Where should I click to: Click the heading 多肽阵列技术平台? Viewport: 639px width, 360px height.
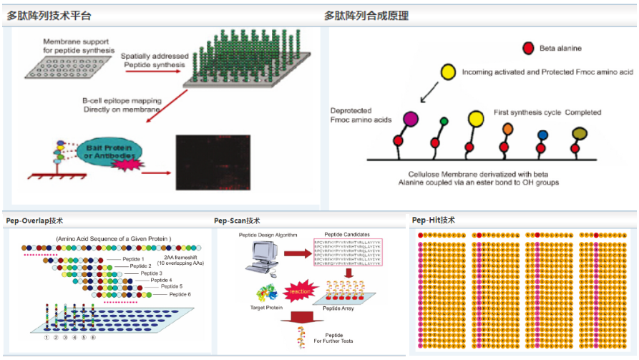click(x=48, y=16)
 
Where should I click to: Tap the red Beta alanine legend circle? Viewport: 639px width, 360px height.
click(x=528, y=49)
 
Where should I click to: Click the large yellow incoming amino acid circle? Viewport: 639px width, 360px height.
click(x=448, y=72)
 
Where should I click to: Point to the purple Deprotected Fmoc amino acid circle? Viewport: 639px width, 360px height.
click(x=411, y=118)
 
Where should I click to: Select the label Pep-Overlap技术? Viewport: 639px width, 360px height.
click(x=34, y=220)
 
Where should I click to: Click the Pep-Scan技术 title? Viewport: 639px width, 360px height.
click(x=237, y=220)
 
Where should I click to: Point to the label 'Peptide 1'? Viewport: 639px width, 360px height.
click(x=132, y=258)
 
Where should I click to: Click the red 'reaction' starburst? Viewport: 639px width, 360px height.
click(x=299, y=292)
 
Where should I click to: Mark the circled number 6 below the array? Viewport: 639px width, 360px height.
click(x=93, y=337)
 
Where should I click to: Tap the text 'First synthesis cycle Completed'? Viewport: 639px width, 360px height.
click(x=547, y=112)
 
